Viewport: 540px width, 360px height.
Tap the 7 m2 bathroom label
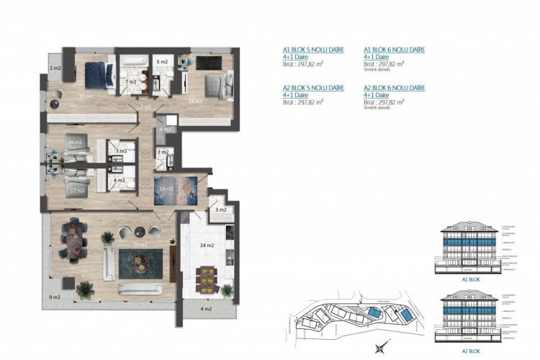tap(130, 83)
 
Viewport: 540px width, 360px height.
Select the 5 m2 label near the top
tap(163, 63)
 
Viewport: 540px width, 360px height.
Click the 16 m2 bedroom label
tap(74, 143)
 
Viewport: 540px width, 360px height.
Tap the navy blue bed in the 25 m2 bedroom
tap(95, 72)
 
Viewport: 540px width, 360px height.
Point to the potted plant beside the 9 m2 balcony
tap(85, 288)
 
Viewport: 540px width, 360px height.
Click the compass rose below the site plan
tap(378, 348)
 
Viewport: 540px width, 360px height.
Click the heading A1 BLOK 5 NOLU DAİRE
tap(313, 50)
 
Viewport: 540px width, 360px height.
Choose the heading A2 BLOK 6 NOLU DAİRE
tap(394, 88)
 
